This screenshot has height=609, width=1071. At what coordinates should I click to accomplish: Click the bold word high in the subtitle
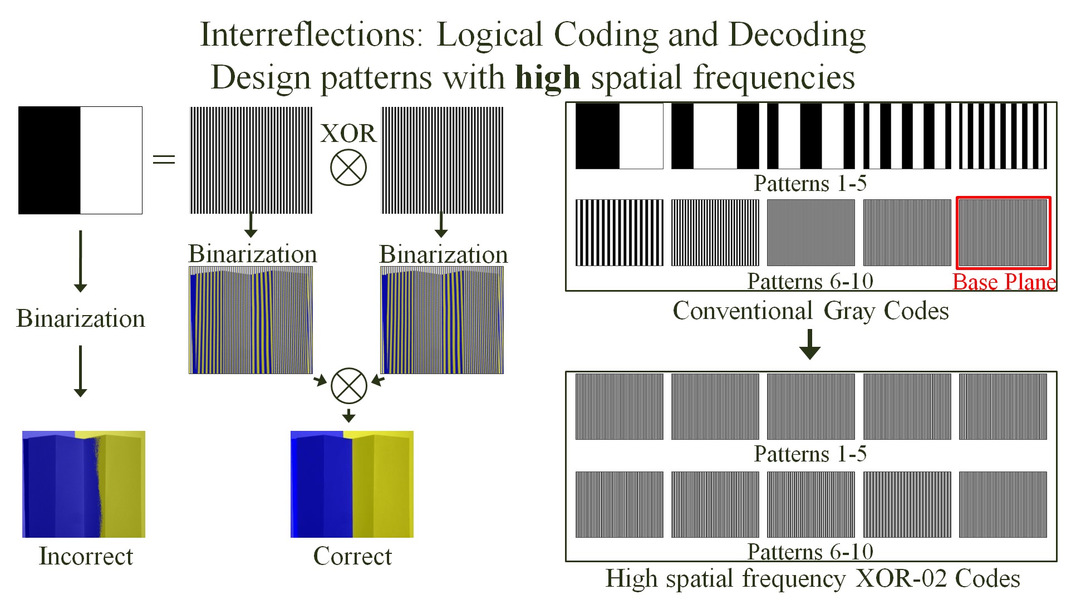pos(548,77)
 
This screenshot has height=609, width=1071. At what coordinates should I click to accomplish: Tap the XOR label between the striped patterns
pos(348,134)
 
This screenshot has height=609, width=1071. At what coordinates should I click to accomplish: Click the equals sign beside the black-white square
pos(164,160)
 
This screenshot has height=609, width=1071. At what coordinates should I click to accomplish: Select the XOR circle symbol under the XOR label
pos(348,168)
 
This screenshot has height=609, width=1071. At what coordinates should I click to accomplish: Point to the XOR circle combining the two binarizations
pos(349,385)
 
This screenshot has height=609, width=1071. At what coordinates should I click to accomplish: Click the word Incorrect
pos(86,556)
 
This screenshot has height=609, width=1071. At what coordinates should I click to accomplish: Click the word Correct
pos(352,556)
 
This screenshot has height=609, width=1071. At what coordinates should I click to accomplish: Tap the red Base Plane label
pos(1004,282)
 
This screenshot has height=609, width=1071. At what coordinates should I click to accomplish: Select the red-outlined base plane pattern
pos(1003,233)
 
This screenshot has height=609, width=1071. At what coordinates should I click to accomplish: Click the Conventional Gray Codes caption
pos(810,311)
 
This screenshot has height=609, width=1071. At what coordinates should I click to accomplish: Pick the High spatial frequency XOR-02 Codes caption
pos(813,578)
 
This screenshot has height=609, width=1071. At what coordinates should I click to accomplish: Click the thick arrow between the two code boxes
pos(810,344)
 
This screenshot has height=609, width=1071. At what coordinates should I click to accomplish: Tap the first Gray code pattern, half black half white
pos(619,136)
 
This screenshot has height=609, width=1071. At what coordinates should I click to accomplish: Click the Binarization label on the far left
pos(81,318)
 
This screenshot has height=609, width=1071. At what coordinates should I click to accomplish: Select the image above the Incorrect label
pos(83,484)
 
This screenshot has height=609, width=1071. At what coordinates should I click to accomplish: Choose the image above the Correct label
pos(352,484)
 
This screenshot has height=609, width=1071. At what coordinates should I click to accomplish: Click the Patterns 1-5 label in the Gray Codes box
pos(810,183)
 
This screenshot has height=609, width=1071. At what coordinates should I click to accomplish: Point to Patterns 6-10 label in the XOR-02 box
pos(810,552)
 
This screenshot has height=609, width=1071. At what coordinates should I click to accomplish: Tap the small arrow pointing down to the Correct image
pos(349,415)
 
